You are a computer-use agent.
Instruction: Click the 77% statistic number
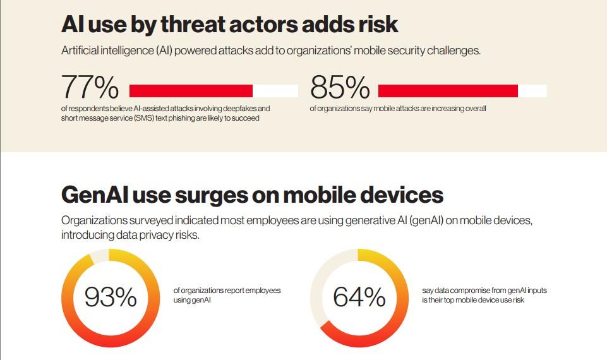90,88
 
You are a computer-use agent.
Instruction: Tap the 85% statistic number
340,88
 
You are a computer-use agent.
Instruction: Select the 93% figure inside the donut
111,297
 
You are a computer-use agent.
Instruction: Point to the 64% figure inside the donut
359,297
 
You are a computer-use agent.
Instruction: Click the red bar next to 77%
191,91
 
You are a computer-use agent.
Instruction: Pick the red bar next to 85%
448,91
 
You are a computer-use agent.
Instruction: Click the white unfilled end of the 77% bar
275,91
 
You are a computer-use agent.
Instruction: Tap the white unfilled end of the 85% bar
532,91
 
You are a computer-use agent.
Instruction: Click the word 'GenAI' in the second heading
95,195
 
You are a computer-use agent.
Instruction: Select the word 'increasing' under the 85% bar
445,109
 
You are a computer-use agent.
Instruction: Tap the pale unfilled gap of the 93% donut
100,256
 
